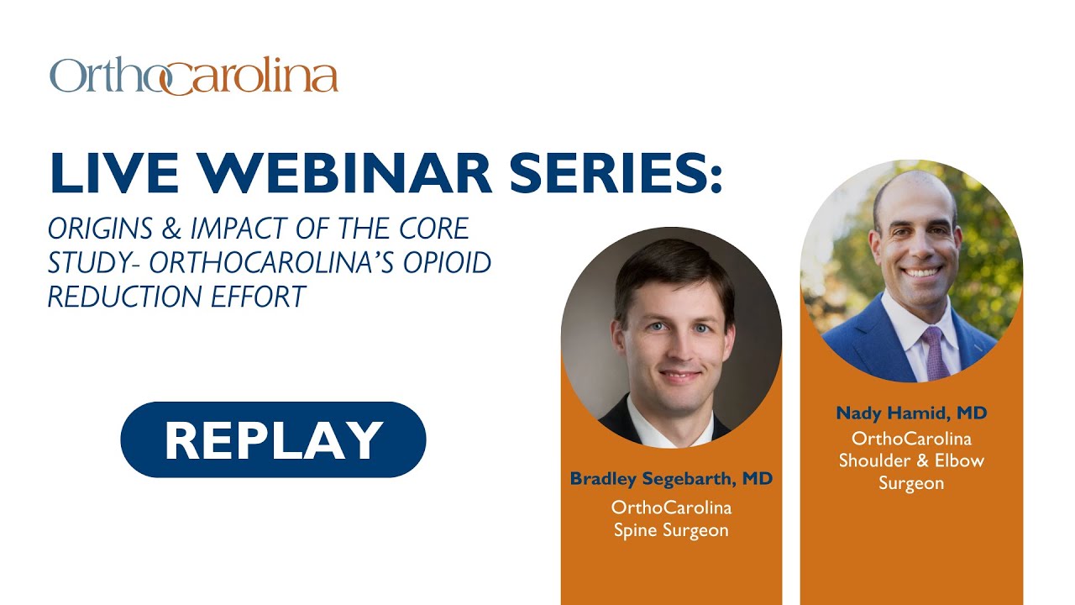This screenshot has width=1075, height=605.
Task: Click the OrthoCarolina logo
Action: tap(194, 76)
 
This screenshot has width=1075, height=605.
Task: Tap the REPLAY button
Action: tap(273, 439)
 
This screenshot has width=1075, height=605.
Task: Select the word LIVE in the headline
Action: tap(114, 173)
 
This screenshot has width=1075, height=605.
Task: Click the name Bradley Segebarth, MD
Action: tap(671, 479)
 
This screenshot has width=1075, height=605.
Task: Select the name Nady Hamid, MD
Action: tap(911, 413)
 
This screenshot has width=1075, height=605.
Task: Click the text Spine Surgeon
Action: tap(671, 530)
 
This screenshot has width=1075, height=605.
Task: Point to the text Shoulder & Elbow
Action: tap(911, 460)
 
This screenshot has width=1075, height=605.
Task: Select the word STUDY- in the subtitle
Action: tap(89, 262)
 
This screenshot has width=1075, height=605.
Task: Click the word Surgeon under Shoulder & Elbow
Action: tap(911, 483)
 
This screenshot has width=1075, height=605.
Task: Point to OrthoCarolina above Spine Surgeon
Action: tap(671, 508)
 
